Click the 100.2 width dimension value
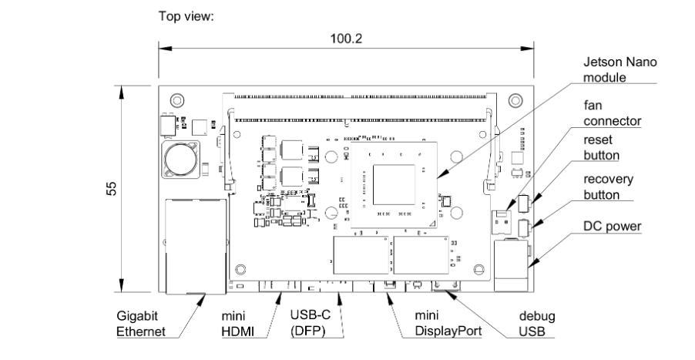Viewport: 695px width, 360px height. pyautogui.click(x=346, y=39)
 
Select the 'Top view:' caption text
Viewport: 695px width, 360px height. pyautogui.click(x=186, y=16)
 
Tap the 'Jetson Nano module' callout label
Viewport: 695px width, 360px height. pyautogui.click(x=619, y=69)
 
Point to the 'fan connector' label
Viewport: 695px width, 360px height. pyautogui.click(x=612, y=113)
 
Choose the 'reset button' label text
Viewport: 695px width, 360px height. pyautogui.click(x=601, y=148)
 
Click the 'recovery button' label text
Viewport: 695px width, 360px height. pyautogui.click(x=608, y=187)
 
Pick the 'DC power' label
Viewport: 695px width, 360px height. pyautogui.click(x=612, y=226)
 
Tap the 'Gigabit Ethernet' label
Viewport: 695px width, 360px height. pyautogui.click(x=141, y=324)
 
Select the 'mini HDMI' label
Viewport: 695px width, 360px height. pyautogui.click(x=237, y=324)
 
